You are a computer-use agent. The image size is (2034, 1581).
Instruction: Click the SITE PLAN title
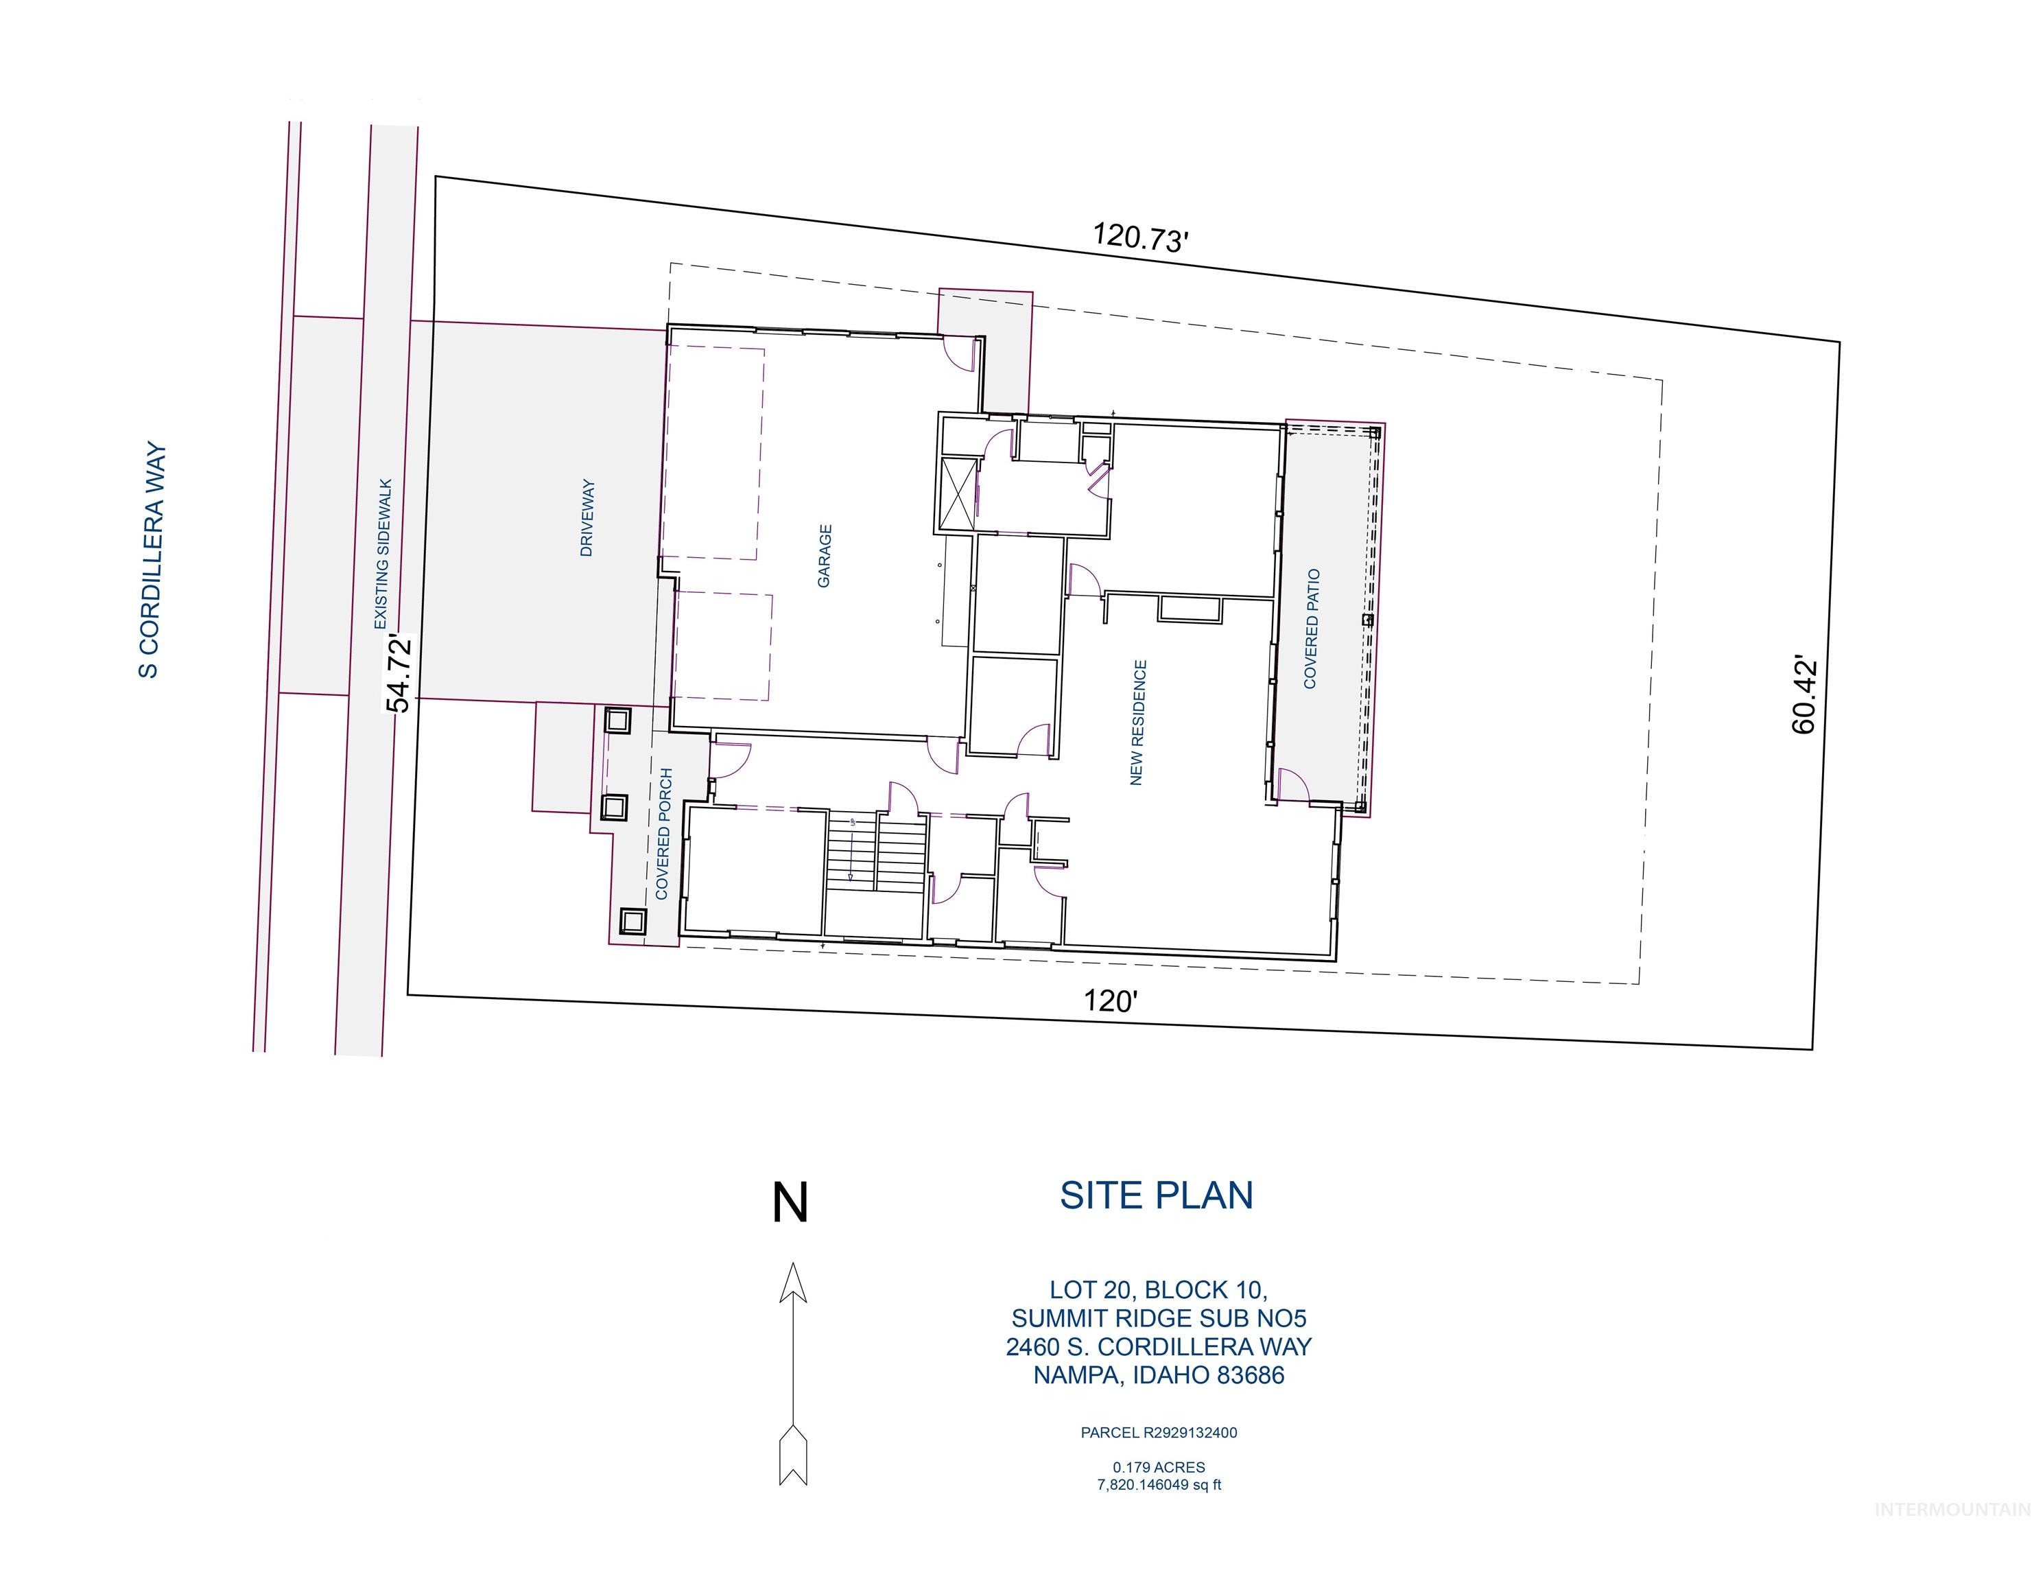[1156, 1195]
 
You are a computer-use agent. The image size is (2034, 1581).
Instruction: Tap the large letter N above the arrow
[790, 1203]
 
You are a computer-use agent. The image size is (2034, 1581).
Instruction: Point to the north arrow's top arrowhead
[792, 1283]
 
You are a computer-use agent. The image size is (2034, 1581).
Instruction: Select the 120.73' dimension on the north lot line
[1140, 237]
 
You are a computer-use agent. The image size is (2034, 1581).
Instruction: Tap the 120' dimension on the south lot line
[1110, 1002]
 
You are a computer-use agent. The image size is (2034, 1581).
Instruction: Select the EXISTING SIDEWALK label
[383, 554]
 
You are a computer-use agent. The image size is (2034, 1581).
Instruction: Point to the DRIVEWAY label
[587, 518]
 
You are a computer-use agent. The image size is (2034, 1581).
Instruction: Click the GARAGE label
[824, 557]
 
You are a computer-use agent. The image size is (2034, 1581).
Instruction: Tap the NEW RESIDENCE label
[1137, 723]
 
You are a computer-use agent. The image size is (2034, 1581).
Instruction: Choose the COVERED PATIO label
[1312, 629]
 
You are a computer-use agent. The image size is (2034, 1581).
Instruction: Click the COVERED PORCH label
[663, 834]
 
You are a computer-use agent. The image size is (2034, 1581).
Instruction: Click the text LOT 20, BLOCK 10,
[1157, 1289]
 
